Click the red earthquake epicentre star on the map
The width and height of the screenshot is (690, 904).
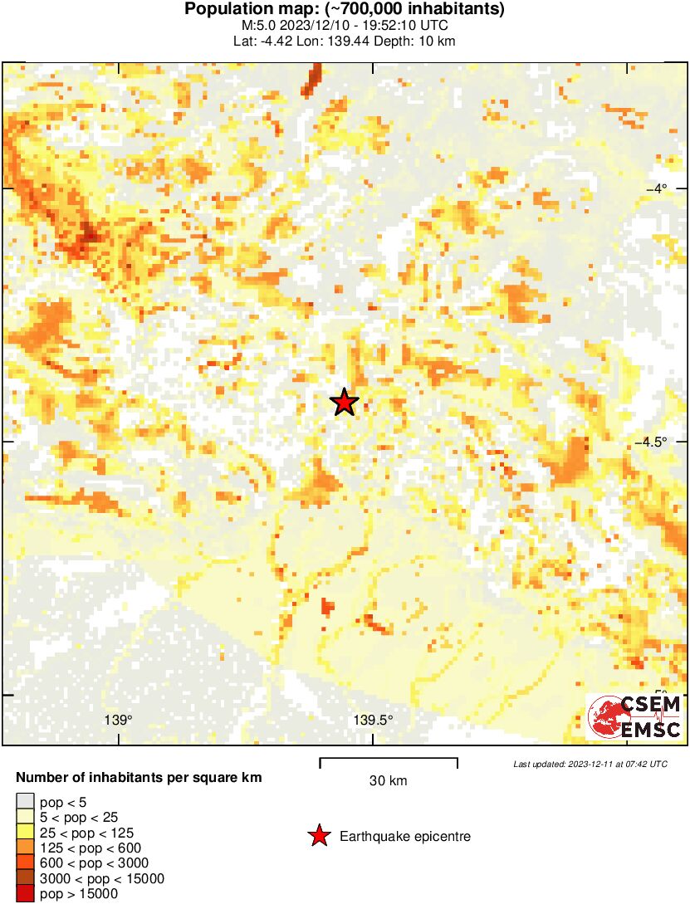click(344, 402)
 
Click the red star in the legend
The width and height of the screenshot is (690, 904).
click(319, 836)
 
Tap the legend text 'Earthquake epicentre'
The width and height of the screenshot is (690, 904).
click(405, 837)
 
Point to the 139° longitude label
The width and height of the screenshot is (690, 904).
click(118, 720)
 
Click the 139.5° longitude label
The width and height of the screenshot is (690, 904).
click(373, 720)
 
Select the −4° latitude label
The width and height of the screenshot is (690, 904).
click(662, 188)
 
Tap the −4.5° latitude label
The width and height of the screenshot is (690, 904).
click(657, 442)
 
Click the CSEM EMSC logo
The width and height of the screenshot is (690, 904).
click(634, 716)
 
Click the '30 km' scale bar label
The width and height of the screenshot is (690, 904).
click(388, 781)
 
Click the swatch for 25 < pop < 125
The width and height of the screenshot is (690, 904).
click(25, 833)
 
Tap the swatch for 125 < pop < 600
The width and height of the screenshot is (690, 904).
click(25, 848)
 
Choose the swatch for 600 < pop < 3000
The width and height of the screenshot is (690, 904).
click(25, 863)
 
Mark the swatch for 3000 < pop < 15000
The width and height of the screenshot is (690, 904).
click(25, 878)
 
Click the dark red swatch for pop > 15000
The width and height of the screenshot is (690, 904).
click(25, 893)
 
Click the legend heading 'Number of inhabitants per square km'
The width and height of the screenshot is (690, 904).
click(139, 778)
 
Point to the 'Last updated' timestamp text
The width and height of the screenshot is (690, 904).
click(590, 764)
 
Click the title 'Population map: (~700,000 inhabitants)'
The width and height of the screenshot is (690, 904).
click(345, 10)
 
